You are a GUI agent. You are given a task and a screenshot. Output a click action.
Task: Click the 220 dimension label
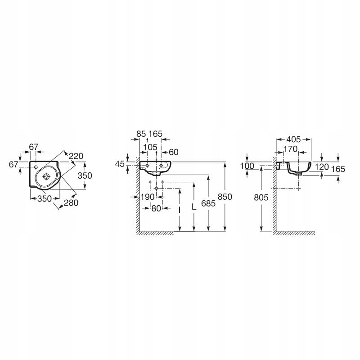coord(76,156)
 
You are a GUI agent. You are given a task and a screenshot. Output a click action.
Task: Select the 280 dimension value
coord(71,203)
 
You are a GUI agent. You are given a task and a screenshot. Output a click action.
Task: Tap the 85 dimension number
coord(141,134)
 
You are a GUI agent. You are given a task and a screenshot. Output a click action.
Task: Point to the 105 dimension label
coord(150,147)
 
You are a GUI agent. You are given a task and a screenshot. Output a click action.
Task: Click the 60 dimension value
coord(174,152)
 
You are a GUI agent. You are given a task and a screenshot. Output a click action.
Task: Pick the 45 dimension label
coord(120,164)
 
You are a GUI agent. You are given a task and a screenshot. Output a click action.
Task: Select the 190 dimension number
coord(148,197)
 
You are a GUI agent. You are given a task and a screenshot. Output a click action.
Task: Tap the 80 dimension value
coord(156,208)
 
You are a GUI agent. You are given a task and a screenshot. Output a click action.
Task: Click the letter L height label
coord(194,207)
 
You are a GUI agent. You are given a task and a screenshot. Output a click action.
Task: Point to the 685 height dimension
coord(208,203)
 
